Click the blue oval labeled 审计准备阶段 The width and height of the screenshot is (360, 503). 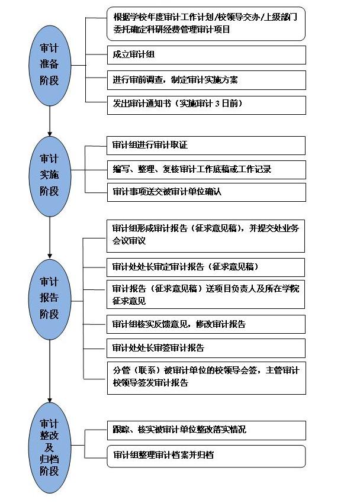50,65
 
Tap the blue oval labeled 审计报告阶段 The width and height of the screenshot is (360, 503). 50,298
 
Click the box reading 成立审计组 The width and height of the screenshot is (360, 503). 206,55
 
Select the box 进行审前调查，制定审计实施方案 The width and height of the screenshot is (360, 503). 206,79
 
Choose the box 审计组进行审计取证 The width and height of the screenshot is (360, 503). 206,145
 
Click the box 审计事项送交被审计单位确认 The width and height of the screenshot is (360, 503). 206,192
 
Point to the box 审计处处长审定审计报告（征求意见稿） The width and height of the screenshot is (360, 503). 206,267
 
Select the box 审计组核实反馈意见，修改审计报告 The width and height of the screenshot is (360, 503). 206,324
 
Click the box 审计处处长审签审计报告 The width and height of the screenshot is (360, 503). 206,348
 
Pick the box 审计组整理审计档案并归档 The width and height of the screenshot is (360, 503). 206,456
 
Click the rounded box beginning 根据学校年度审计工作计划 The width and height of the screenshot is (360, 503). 206,24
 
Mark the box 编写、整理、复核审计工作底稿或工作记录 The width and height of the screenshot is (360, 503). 206,169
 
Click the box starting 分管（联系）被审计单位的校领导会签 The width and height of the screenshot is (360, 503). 206,378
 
